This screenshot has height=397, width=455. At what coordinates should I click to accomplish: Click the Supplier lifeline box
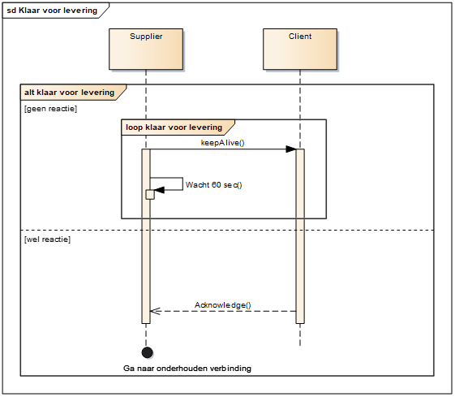tap(146, 49)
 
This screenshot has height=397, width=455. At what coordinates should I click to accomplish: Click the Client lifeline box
tap(300, 49)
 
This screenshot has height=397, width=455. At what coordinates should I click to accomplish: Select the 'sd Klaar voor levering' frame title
tap(52, 11)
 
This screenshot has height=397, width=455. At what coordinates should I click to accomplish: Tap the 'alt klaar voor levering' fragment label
tap(70, 93)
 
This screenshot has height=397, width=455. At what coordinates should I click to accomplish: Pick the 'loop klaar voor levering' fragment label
tap(174, 127)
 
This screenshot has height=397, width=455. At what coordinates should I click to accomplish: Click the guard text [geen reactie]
tap(50, 109)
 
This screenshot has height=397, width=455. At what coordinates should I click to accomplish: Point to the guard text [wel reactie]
tap(47, 239)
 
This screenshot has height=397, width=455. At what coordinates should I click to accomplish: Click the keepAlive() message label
tap(222, 143)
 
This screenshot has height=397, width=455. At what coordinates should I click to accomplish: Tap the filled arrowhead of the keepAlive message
tap(290, 149)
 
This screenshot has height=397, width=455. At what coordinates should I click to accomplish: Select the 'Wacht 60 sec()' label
tap(214, 185)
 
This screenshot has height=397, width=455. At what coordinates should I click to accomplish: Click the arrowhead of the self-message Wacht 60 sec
tap(159, 190)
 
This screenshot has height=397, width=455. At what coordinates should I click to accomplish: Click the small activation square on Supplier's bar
tap(150, 195)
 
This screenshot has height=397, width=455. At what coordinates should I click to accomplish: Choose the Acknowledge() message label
tap(223, 305)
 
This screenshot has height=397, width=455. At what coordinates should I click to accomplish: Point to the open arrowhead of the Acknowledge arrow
tap(155, 311)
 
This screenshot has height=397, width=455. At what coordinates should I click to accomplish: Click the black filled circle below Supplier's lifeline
tap(148, 352)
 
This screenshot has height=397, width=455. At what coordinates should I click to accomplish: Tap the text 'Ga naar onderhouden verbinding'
tap(187, 369)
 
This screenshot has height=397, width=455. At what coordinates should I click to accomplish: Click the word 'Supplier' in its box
tap(146, 37)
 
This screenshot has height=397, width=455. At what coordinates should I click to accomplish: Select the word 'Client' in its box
tap(300, 37)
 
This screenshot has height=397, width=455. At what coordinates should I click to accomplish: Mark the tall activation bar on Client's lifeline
tap(300, 236)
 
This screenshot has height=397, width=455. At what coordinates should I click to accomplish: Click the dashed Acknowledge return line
tap(223, 311)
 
